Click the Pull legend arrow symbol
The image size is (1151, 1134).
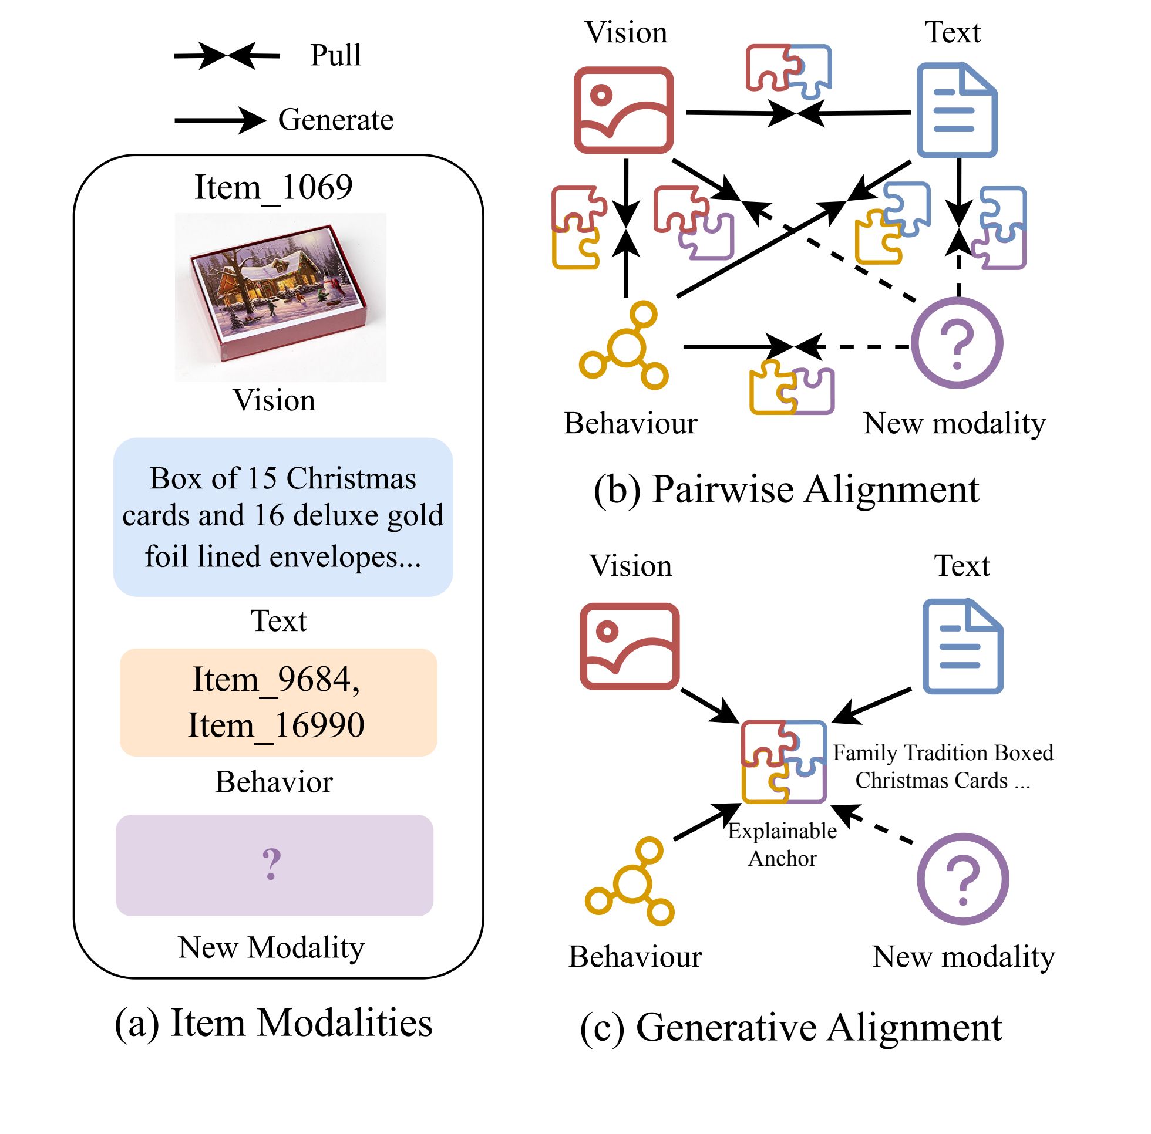pos(227,56)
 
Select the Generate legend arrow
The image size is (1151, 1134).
pos(219,120)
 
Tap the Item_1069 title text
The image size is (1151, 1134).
pos(274,188)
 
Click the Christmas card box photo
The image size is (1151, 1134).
pos(280,297)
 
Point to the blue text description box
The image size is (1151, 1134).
pos(283,517)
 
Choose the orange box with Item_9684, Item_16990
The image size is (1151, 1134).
pos(278,702)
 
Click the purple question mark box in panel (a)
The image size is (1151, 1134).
pos(275,865)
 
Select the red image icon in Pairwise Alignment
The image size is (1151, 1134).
pos(624,110)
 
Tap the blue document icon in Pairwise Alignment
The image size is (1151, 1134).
pos(957,110)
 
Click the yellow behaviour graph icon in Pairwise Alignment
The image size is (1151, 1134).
pos(624,346)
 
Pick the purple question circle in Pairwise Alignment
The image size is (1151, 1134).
pos(957,343)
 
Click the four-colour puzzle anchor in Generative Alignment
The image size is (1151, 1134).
pos(784,762)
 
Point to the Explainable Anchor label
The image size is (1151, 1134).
pos(782,845)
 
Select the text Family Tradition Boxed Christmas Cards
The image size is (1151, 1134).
pos(943,767)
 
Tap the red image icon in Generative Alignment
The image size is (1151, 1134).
pos(630,646)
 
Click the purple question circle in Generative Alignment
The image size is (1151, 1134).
pos(962,879)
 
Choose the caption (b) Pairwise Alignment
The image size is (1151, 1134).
pos(786,490)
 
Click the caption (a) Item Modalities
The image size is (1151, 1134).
pos(274,1023)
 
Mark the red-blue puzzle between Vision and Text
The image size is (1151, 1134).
pos(789,70)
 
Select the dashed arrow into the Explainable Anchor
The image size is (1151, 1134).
pos(873,824)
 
